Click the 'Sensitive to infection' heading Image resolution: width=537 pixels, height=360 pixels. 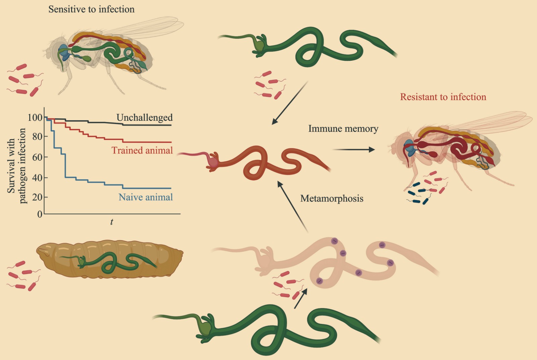(91, 9)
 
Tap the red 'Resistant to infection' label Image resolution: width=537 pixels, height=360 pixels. (443, 97)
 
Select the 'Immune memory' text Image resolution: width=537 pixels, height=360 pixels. (343, 129)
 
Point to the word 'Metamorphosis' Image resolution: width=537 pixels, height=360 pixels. (332, 199)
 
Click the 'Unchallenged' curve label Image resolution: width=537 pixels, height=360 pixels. (144, 117)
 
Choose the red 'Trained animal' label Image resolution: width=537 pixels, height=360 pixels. (142, 150)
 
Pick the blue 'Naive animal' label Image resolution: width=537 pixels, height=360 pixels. (146, 197)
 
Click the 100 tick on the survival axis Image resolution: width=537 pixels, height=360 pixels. (35, 117)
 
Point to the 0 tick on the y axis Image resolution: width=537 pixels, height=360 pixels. (40, 214)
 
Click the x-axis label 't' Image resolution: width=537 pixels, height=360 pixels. (112, 222)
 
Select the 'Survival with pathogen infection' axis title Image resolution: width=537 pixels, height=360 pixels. (16, 166)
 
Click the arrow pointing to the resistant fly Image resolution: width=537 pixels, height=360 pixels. (354, 150)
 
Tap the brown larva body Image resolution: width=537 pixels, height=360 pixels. (111, 258)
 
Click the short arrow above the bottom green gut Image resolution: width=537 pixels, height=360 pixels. (300, 299)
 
